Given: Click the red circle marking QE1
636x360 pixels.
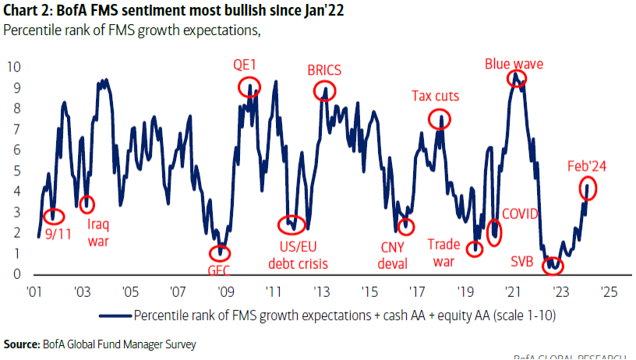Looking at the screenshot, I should pos(249,86).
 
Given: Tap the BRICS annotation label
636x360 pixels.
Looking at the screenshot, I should pos(325,69).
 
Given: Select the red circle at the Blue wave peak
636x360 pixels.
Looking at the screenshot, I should pos(514,78).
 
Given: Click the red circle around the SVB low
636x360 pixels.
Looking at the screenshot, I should pos(553,265).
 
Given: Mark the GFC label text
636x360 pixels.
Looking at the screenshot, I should pos(221,272).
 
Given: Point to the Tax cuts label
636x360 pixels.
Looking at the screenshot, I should pos(435,97).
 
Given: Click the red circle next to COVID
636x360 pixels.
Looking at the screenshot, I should pos(493,231).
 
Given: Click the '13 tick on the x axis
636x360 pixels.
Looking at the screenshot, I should pos(321,293).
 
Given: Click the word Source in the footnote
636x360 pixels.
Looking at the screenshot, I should pos(22,344).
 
